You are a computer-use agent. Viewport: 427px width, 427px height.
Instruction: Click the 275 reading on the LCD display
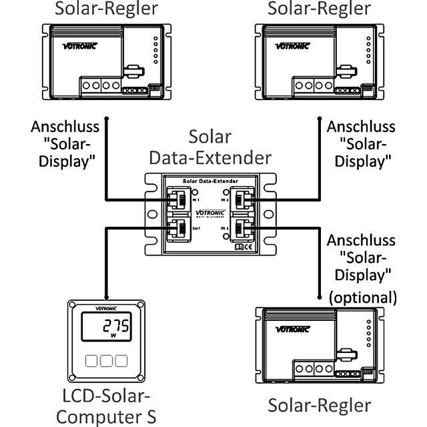tap(114, 326)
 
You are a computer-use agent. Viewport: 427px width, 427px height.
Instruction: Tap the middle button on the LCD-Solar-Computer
tap(106, 361)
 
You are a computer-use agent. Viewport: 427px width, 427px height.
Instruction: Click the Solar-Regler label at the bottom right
tap(319, 405)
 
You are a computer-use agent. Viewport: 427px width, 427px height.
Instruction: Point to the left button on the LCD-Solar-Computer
tap(92, 361)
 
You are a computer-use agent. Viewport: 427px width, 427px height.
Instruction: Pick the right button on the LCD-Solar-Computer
tap(120, 361)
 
